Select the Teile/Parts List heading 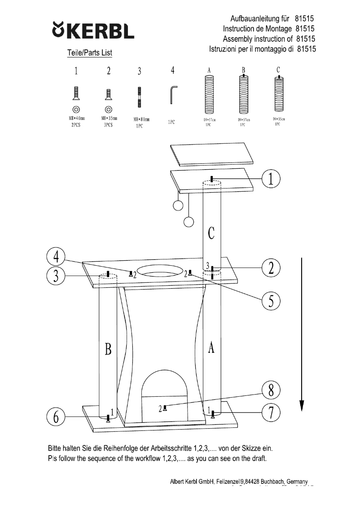(x=89, y=53)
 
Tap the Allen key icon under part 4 (x=174, y=94)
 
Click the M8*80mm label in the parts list (x=141, y=120)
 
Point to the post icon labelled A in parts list (x=210, y=94)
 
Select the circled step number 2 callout (x=271, y=268)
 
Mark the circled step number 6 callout (x=56, y=417)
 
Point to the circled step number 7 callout (x=271, y=412)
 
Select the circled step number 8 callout (x=271, y=390)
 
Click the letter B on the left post (x=108, y=350)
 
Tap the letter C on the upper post (x=211, y=233)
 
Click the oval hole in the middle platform (x=160, y=271)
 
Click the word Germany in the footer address (x=300, y=481)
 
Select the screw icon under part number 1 (x=75, y=93)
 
